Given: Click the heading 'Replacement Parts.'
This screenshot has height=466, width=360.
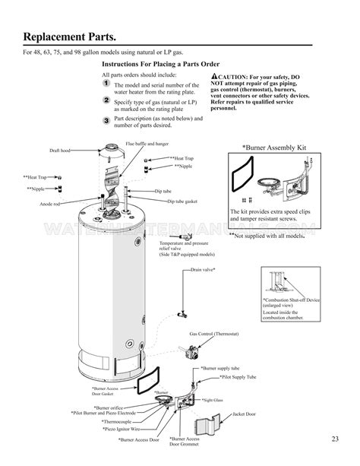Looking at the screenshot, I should coord(70,36).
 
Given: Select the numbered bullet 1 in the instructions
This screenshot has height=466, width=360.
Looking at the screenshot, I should coord(106,84).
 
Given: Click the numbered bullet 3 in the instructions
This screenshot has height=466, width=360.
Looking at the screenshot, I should coord(106,120).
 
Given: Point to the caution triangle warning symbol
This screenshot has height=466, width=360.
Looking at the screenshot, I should coord(216,78).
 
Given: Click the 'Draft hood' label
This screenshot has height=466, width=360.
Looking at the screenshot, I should coord(60,151).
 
